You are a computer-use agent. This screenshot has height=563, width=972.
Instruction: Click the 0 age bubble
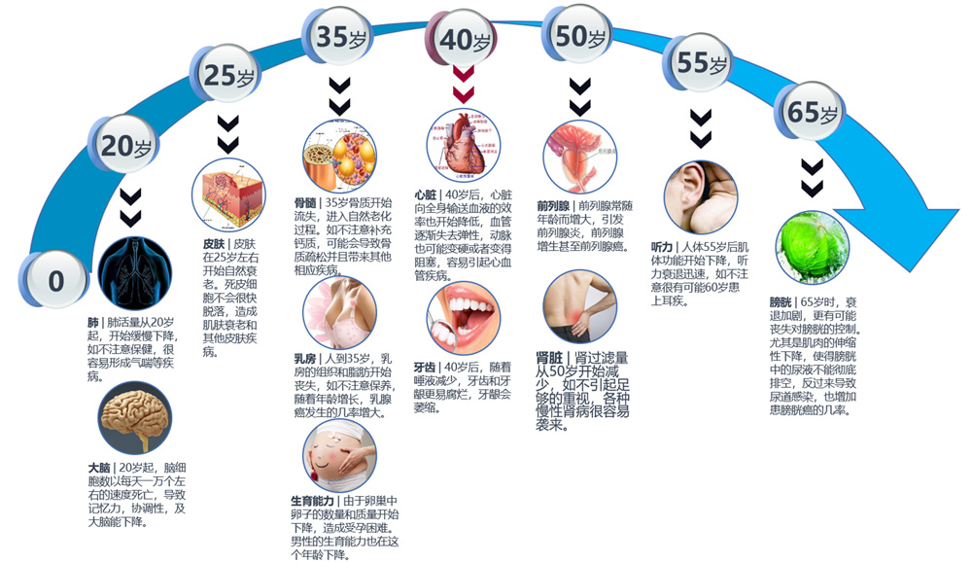click(x=55, y=281)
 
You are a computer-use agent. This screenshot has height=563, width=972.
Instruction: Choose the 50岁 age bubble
click(x=581, y=37)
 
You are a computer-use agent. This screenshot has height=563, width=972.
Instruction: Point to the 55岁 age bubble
click(x=702, y=64)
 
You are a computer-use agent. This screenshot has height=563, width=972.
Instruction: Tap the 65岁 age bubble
click(x=810, y=113)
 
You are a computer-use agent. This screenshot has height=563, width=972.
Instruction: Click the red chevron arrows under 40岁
click(x=464, y=88)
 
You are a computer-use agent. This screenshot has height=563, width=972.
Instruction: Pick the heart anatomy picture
click(x=463, y=144)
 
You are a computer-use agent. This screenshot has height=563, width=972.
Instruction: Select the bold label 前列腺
click(x=554, y=206)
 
